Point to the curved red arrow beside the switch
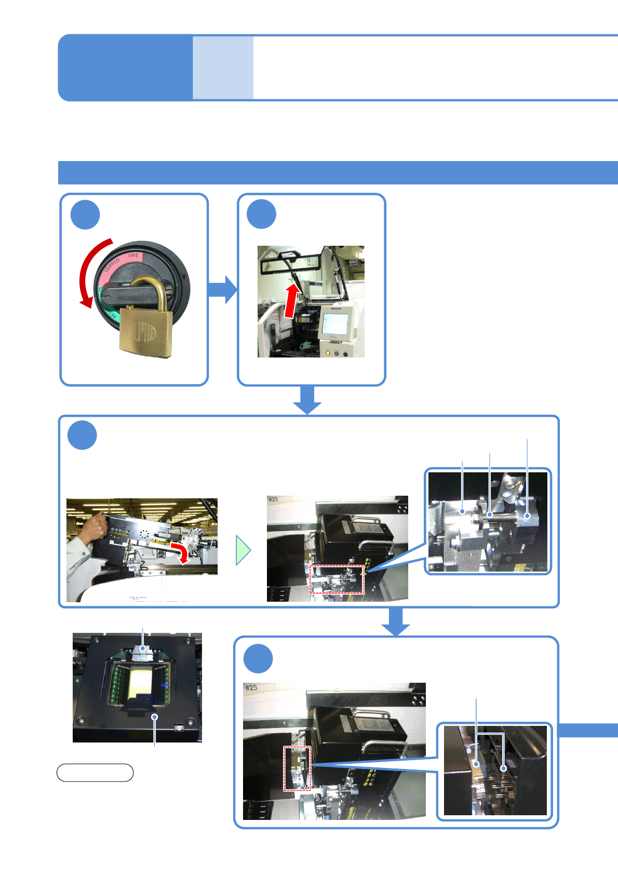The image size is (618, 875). point(88,270)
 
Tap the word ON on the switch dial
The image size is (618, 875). point(133,256)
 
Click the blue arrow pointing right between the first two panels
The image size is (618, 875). point(222,289)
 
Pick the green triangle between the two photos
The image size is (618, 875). point(243,550)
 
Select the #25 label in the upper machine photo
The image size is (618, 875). point(274,500)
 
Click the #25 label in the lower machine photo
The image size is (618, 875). point(251,687)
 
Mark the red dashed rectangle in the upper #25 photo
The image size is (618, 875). point(337,579)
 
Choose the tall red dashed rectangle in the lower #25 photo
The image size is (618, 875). point(297,768)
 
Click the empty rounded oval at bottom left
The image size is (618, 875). point(95,773)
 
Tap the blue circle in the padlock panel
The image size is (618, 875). point(85,215)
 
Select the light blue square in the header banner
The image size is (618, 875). point(223,68)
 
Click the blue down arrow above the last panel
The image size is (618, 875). point(396,621)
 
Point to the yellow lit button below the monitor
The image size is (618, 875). point(327,353)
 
